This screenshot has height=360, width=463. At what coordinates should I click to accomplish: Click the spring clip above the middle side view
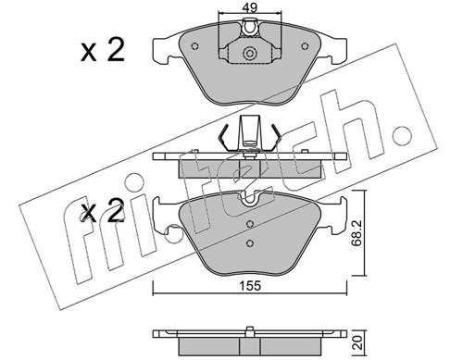click(x=247, y=133)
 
